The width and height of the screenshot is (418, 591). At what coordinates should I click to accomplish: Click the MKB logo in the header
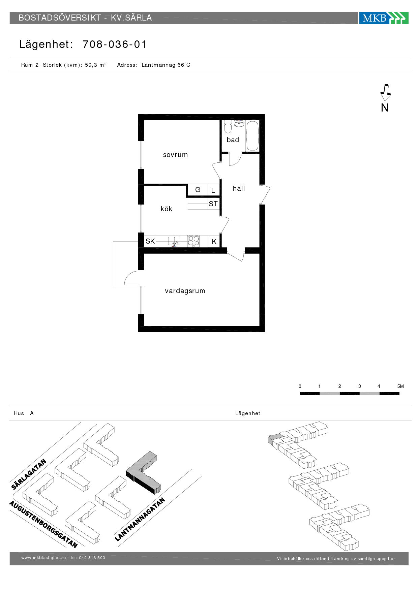pyautogui.click(x=384, y=18)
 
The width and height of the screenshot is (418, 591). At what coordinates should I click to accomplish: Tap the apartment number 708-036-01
pyautogui.click(x=115, y=44)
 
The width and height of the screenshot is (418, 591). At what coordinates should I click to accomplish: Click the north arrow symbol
pyautogui.click(x=385, y=93)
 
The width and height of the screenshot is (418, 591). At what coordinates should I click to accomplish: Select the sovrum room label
pyautogui.click(x=175, y=155)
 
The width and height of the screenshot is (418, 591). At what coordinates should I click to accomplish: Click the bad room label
pyautogui.click(x=233, y=140)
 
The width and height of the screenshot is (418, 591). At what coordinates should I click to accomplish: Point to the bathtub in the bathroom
pyautogui.click(x=252, y=136)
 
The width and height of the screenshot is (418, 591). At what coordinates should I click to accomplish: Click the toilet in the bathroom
pyautogui.click(x=228, y=127)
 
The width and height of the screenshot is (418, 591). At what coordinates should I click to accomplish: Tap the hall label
pyautogui.click(x=239, y=188)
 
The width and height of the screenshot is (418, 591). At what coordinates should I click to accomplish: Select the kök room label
pyautogui.click(x=167, y=209)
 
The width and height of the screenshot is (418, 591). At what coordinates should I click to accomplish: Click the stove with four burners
pyautogui.click(x=193, y=241)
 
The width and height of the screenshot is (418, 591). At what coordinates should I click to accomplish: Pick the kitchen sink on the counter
pyautogui.click(x=174, y=241)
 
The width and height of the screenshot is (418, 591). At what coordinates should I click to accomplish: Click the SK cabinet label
pyautogui.click(x=150, y=241)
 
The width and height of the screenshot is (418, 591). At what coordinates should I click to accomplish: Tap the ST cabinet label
pyautogui.click(x=213, y=204)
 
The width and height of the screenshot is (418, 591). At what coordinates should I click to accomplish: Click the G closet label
pyautogui.click(x=198, y=190)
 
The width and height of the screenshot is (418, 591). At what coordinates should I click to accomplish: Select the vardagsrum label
pyautogui.click(x=185, y=291)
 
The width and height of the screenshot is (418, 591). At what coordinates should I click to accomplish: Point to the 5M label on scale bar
pyautogui.click(x=400, y=386)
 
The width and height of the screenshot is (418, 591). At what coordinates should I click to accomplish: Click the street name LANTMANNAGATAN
pyautogui.click(x=140, y=519)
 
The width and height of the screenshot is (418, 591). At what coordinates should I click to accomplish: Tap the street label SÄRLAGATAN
pyautogui.click(x=29, y=474)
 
